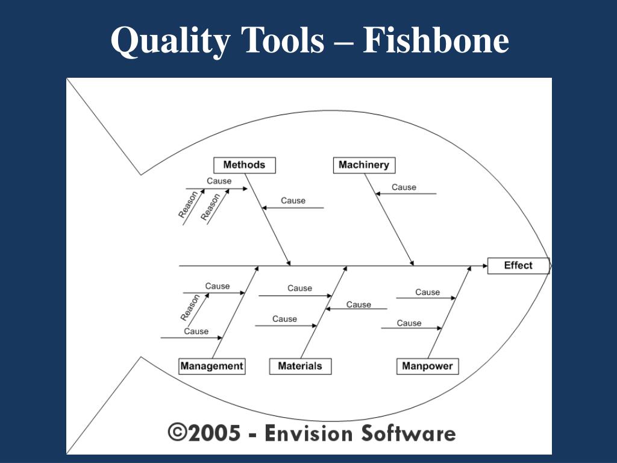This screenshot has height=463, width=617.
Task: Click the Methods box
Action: [244, 165]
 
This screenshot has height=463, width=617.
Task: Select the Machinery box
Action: [364, 165]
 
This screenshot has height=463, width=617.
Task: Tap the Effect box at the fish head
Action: [518, 265]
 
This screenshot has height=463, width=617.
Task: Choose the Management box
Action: [211, 366]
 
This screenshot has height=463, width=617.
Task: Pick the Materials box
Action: [300, 366]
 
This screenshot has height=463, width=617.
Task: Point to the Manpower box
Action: [427, 366]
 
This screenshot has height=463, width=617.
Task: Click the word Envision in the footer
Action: [310, 433]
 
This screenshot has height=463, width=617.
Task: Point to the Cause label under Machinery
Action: [404, 187]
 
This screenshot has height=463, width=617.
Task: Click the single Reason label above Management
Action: [190, 307]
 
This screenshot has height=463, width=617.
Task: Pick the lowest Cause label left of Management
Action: [196, 331]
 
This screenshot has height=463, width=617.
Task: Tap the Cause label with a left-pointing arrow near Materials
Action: [359, 304]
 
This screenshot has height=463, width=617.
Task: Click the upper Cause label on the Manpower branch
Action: [427, 292]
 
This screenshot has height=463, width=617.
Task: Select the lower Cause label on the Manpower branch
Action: [409, 323]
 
